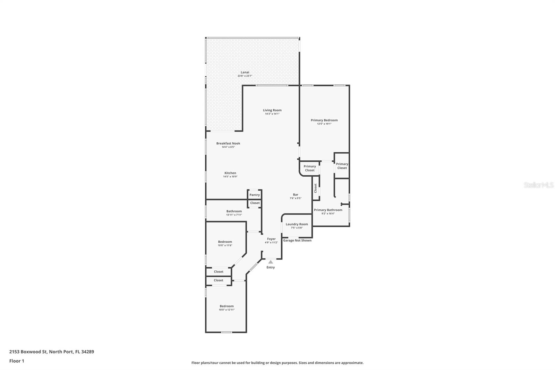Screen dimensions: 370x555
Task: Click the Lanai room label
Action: click(245, 72)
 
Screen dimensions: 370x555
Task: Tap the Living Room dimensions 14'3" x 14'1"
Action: click(272, 114)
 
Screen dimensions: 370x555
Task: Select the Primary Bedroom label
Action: click(324, 120)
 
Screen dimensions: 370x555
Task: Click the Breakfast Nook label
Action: click(228, 143)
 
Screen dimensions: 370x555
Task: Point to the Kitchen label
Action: click(230, 173)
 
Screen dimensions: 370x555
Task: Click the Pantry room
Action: click(255, 195)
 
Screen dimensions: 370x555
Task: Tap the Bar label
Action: click(296, 195)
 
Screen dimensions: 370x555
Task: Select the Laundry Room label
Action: click(297, 224)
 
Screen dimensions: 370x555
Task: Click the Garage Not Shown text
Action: click(297, 240)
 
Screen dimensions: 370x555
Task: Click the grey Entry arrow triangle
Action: click(271, 262)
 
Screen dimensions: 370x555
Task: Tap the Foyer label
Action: click(271, 239)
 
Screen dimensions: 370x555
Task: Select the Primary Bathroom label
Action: click(328, 210)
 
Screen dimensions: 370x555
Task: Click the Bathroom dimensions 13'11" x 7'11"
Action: click(234, 215)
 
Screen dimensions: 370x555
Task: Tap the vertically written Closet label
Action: click(316, 188)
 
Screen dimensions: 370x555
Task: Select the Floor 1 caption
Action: click(17, 361)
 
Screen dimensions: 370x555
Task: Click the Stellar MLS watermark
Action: click(538, 185)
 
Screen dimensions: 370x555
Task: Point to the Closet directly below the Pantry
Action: click(255, 203)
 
